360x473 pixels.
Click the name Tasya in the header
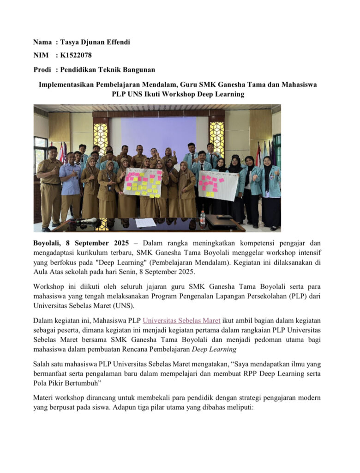click(x=71, y=42)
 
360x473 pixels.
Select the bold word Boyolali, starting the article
click(x=48, y=243)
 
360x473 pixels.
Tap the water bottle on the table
click(x=202, y=218)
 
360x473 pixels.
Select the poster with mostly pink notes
click(x=218, y=185)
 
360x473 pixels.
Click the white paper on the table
click(x=146, y=222)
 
